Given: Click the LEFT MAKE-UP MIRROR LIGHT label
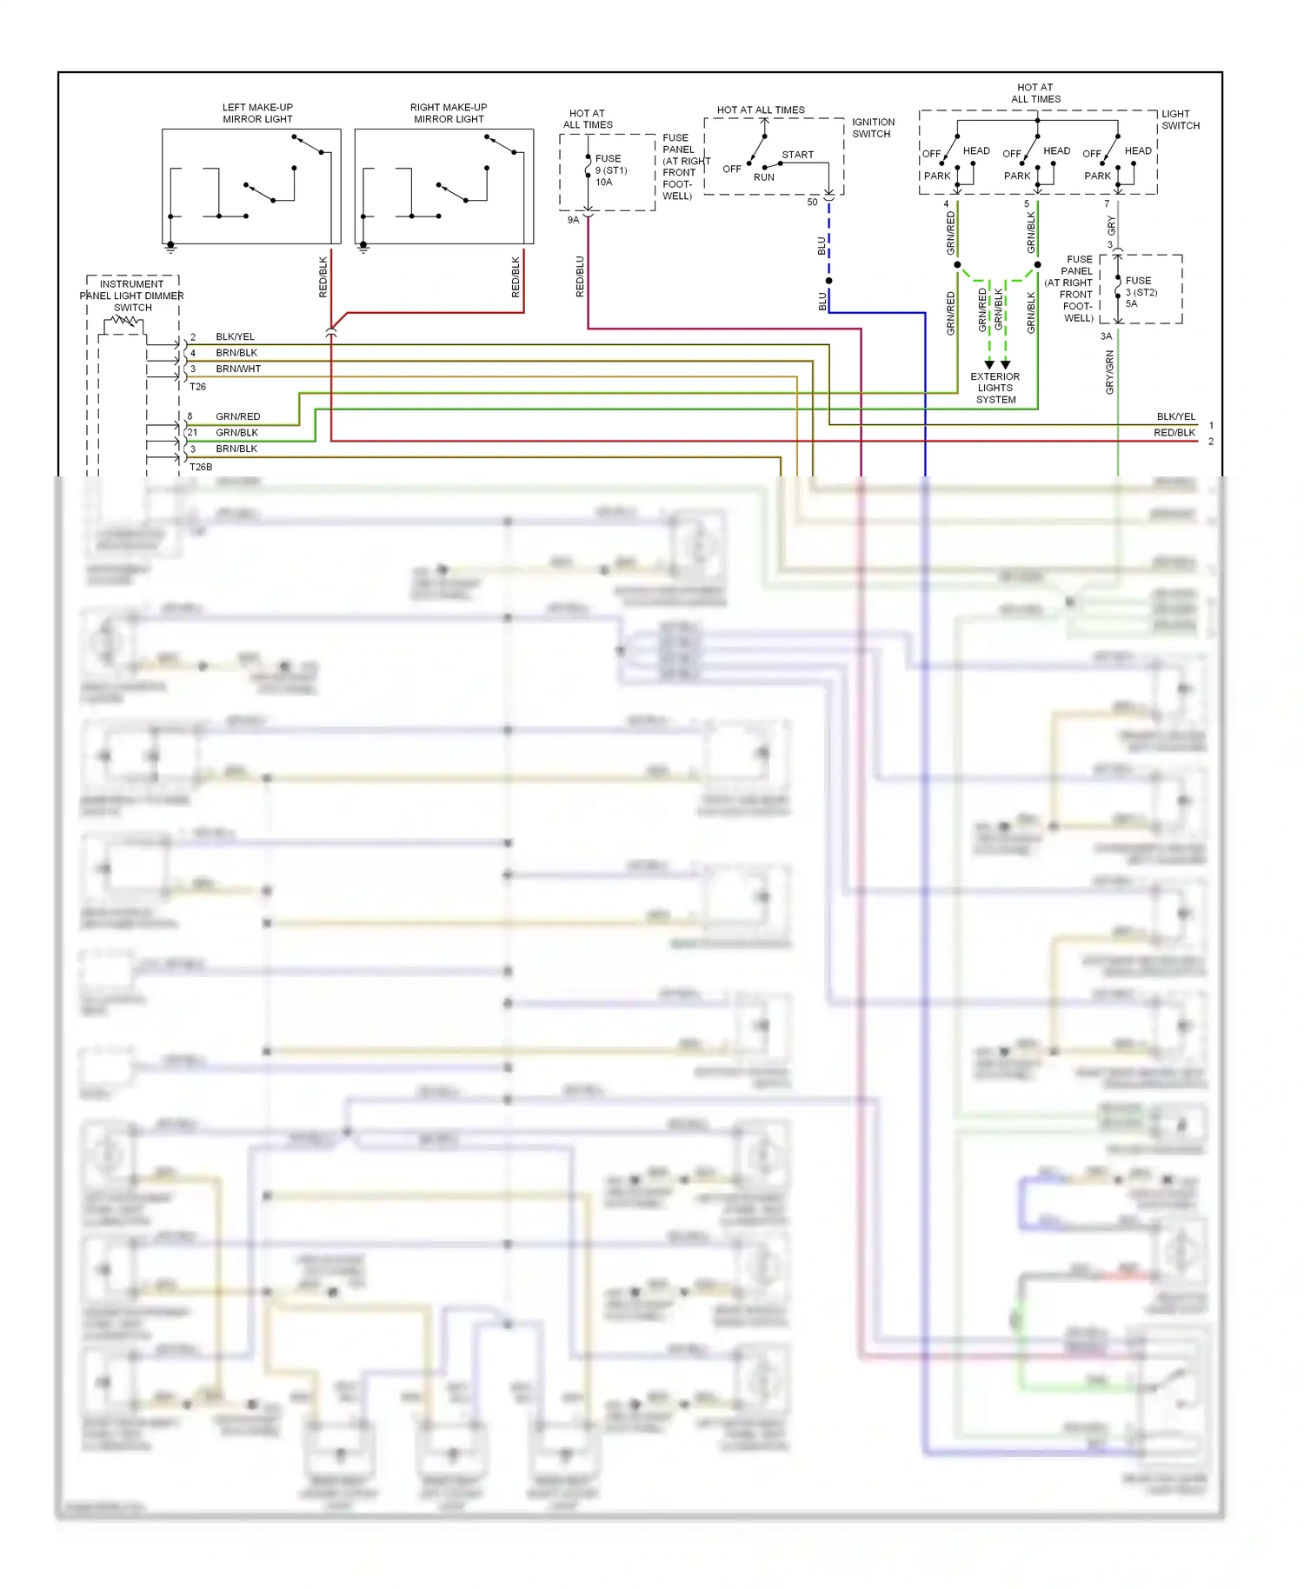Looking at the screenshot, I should coord(257,113).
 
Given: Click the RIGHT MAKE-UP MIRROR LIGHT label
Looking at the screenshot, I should coord(449,113).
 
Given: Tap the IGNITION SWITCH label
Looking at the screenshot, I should coord(873,128).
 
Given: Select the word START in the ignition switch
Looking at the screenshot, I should coord(797,155).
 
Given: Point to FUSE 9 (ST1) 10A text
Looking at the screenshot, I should coord(610,170).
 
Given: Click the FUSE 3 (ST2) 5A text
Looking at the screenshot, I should coord(1141,292).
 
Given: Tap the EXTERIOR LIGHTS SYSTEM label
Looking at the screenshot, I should coord(995,389).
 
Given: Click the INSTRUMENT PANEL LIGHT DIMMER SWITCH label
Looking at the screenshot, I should coord(132,296).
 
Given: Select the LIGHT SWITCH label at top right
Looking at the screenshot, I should coord(1180,120).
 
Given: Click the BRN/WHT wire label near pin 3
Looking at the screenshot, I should coord(238,369).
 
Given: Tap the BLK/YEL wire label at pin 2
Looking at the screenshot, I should coord(235,336).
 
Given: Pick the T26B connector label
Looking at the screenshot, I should coord(201,467).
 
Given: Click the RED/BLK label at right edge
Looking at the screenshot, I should coord(1174,433).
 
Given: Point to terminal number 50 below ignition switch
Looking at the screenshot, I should coord(812,202).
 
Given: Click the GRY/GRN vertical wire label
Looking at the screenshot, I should coord(1110,372).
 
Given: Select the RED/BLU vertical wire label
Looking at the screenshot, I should coord(580,276).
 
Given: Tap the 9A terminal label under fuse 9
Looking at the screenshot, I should coord(573,220).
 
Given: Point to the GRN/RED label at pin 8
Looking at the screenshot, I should coord(237,416).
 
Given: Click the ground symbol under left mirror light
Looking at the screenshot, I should coord(171,249).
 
